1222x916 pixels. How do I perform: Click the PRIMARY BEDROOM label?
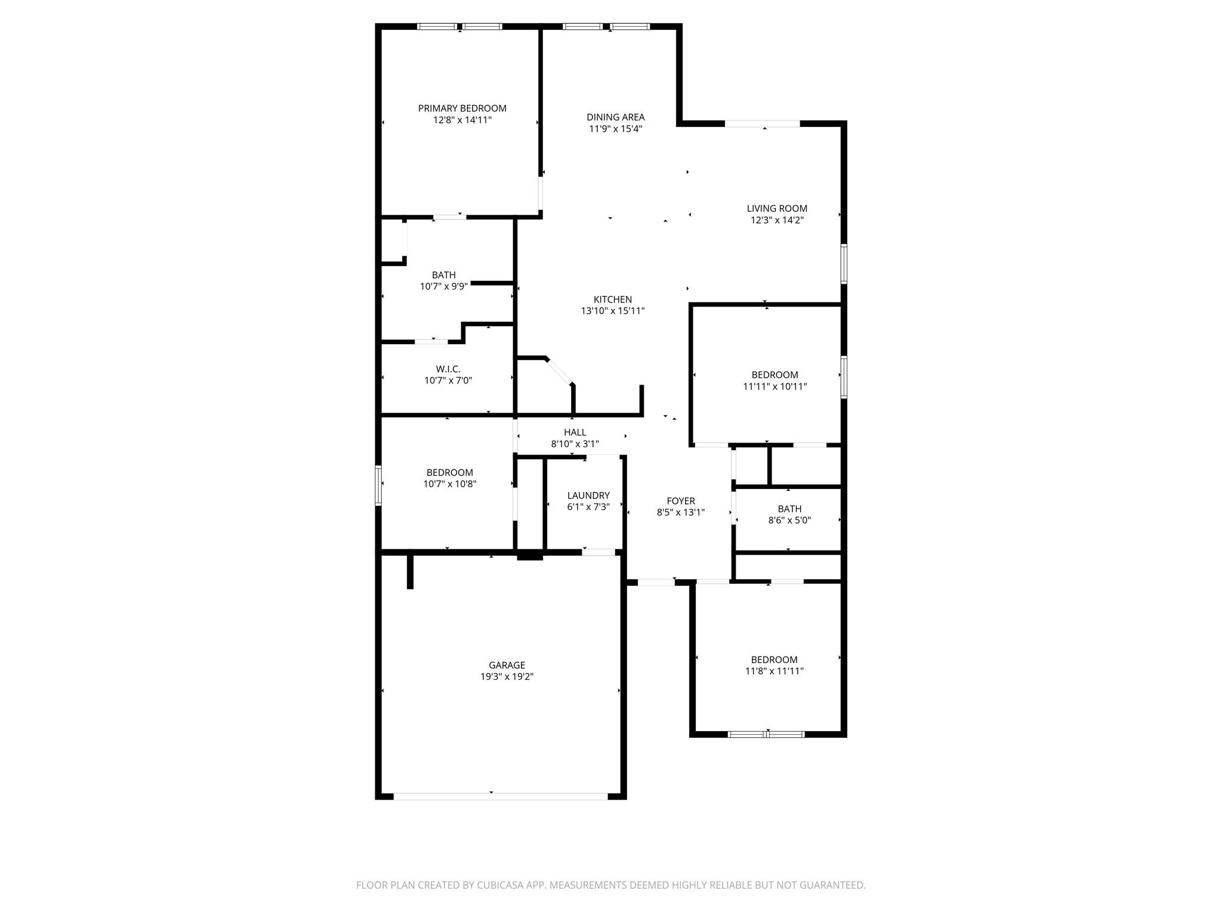(462, 108)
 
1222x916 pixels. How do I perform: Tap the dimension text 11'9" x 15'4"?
(615, 129)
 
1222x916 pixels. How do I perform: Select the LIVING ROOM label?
(777, 208)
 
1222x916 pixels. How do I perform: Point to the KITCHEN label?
(612, 299)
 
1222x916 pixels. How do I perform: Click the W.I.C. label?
(448, 369)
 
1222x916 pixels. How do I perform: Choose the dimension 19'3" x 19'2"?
(507, 676)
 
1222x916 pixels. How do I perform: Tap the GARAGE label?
(507, 665)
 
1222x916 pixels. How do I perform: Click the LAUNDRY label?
(588, 496)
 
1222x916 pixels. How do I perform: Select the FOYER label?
(680, 501)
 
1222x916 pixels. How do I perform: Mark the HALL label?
(575, 432)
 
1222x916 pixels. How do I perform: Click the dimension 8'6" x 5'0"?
(789, 520)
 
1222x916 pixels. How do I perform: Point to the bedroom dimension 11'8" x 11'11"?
(774, 671)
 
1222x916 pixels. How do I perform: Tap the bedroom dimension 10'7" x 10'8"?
(449, 484)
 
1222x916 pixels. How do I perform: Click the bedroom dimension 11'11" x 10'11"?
(774, 386)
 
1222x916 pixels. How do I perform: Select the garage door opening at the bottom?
(500, 796)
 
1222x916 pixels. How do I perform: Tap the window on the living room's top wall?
(762, 124)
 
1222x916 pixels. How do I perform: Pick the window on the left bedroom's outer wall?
(378, 485)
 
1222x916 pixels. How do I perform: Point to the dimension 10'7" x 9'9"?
(443, 286)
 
